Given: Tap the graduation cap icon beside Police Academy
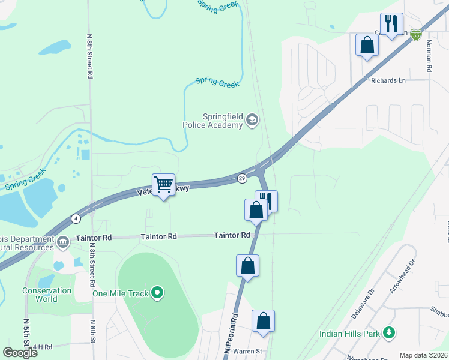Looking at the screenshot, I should [252, 121].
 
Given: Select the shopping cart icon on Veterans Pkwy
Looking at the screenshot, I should [163, 184].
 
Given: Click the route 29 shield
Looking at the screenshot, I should [242, 178].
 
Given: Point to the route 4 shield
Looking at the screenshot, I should [76, 218].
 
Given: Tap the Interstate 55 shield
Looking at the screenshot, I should [416, 36].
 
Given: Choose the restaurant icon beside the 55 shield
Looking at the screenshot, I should [391, 24].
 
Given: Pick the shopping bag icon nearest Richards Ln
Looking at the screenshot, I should [367, 45].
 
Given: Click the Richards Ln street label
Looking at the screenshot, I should [388, 80].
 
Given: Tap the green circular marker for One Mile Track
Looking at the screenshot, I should [157, 293].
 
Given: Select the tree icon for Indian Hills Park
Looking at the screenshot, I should [389, 332].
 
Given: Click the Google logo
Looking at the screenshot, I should [20, 352].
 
